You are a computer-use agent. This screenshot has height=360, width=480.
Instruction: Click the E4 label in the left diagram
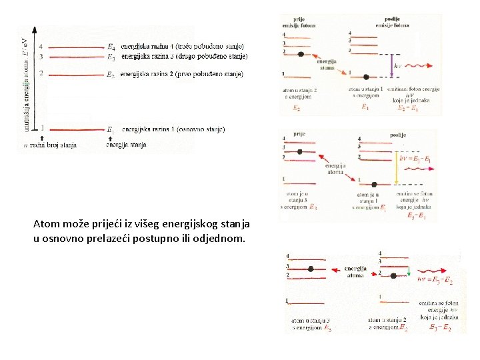[x=111, y=47]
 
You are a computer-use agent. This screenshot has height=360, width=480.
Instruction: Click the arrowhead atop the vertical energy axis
[x=34, y=30]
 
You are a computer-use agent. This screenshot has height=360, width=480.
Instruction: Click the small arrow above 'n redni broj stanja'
[x=25, y=137]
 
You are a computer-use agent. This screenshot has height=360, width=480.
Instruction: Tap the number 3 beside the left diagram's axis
[x=41, y=57]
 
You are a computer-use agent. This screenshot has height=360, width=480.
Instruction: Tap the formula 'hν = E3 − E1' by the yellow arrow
[x=415, y=160]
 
